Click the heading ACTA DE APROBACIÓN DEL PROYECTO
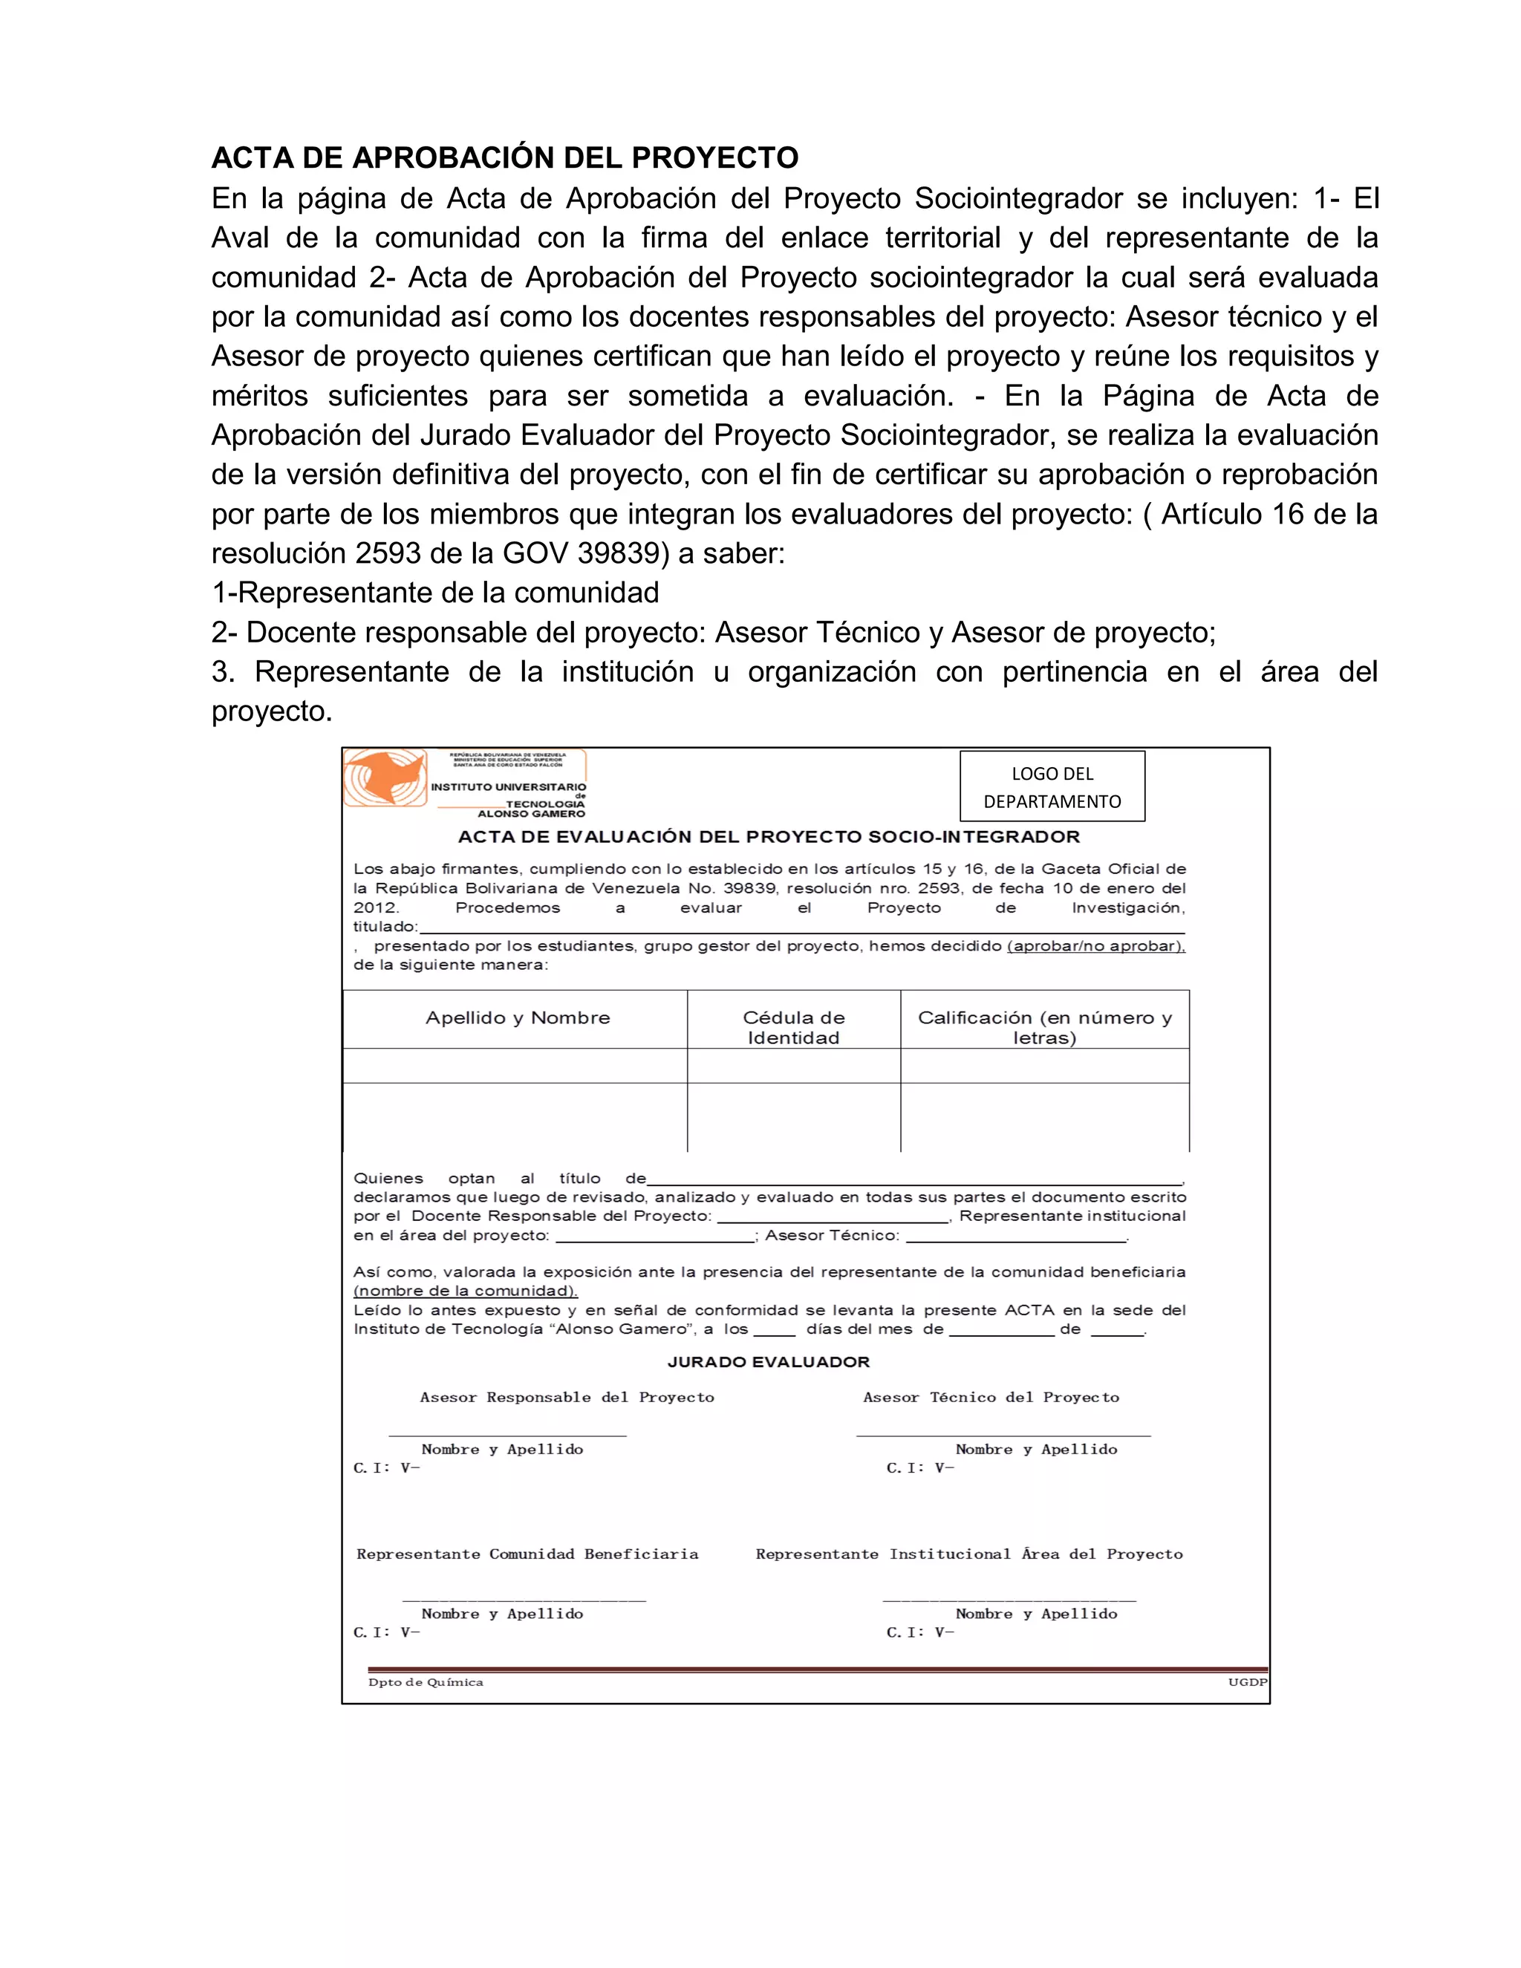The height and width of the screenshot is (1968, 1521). point(504,157)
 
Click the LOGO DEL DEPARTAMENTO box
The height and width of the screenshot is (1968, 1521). point(1052,786)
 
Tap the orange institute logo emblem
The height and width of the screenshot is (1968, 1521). point(385,778)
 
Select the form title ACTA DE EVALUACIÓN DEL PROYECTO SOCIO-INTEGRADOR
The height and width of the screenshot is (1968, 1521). point(769,836)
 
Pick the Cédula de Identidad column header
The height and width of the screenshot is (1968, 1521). point(793,1027)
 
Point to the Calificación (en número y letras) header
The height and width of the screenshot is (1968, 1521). point(1044,1027)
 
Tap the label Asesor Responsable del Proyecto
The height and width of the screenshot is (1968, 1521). point(567,1398)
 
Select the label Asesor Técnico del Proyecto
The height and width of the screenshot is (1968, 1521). point(991,1398)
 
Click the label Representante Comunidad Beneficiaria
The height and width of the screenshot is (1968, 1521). point(527,1554)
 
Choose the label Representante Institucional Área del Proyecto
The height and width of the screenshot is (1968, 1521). point(968,1554)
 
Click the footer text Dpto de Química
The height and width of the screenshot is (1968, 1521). point(426,1682)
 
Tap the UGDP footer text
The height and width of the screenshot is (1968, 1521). point(1247,1682)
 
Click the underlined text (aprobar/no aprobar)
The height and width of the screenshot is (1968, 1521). point(1095,946)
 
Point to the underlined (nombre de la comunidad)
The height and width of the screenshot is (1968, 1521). point(465,1291)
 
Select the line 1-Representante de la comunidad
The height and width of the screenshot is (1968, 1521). point(435,593)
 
